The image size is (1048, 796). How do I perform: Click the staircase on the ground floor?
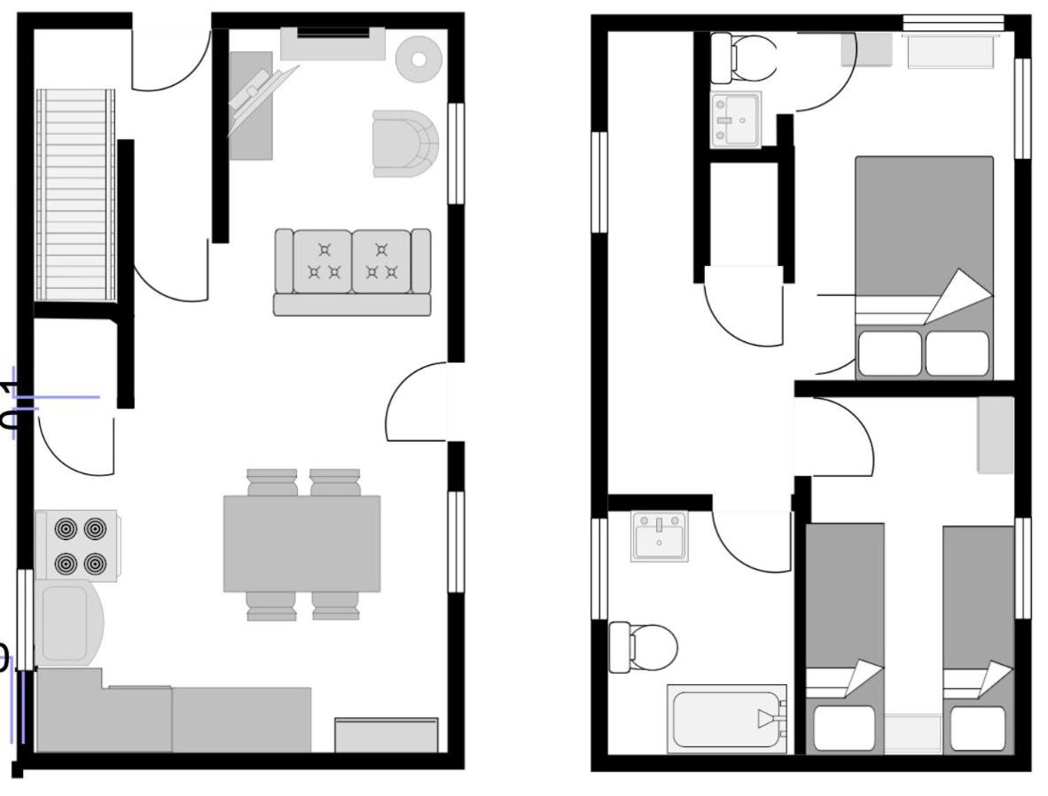coord(75,195)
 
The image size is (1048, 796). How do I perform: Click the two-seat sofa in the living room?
coord(352,270)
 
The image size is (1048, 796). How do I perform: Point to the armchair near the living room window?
coord(405,143)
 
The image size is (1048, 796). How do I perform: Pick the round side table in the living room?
coord(418,59)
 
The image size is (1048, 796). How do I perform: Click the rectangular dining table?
coord(301,543)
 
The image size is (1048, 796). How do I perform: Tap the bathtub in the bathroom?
coord(727,718)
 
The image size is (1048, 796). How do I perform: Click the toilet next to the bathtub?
coord(645,647)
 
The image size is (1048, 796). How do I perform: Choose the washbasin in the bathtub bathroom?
coord(659,535)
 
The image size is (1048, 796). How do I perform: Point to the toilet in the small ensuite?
coord(742,59)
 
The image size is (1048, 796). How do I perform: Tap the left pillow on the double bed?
coord(889,353)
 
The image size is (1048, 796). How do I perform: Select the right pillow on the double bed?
coord(958,353)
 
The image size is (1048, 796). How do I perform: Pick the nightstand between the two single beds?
coord(912,734)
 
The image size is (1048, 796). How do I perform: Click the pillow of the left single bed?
coord(844,727)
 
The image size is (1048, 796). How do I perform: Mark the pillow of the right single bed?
coord(979,728)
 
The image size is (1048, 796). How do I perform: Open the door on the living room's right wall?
coord(417,403)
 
